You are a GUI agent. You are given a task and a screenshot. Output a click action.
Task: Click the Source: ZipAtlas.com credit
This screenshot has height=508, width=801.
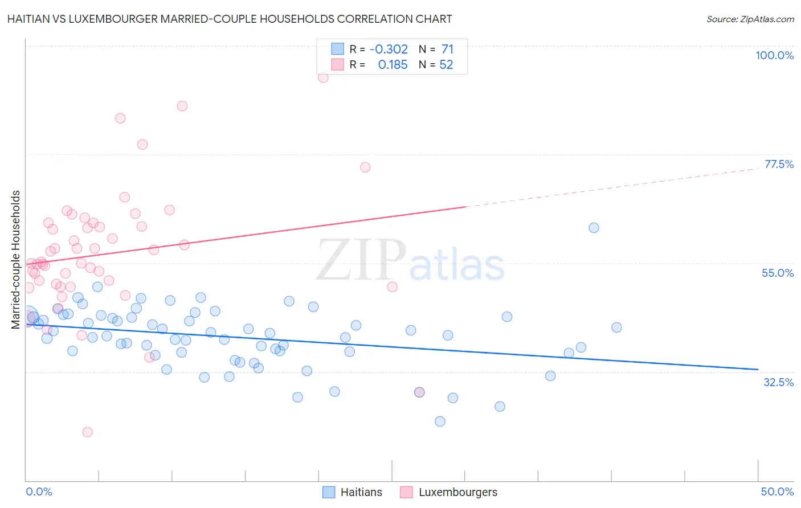pos(750,19)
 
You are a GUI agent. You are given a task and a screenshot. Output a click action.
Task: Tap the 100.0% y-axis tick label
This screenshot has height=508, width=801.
pos(774,55)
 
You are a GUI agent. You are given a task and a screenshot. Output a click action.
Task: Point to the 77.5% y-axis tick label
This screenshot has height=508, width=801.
pos(779,164)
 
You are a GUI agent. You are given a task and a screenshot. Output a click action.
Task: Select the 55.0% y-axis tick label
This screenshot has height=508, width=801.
pos(778,273)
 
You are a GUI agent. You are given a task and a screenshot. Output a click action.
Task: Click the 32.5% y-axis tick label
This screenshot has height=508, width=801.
pos(778,382)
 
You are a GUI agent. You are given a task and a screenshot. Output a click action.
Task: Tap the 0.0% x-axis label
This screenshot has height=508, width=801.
pos(39,491)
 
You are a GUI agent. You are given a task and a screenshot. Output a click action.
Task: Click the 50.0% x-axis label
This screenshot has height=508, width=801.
pos(777,491)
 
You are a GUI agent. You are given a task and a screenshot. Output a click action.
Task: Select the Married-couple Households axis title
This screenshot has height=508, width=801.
pos(16,259)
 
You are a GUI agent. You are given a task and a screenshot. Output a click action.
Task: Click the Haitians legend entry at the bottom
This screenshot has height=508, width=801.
pos(352,492)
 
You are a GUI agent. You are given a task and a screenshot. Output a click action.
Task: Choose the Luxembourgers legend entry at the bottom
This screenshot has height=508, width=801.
pos(449,492)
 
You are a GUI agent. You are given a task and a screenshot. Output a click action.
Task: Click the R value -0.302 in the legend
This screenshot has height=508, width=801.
pos(389,50)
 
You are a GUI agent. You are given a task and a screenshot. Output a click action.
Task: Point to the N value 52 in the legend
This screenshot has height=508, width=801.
pos(446,65)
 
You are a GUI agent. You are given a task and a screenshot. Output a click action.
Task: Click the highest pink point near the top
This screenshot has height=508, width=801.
pos(323,77)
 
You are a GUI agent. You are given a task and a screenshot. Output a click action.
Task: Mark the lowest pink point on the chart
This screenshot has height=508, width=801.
pos(88,432)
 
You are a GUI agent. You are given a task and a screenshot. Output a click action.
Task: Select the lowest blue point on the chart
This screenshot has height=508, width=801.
pos(440,421)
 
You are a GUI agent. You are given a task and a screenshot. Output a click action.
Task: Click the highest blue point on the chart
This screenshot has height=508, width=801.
pos(594,228)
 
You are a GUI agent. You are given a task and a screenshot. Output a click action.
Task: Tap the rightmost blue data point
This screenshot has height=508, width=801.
pos(616,327)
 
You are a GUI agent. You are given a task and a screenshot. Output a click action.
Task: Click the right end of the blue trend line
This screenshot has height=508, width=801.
pos(758,370)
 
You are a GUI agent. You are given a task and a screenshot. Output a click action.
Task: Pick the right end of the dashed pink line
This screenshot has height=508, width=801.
pos(758,169)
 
